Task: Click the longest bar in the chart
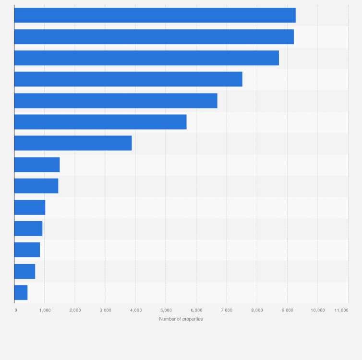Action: [155, 15]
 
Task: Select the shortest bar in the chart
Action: [21, 292]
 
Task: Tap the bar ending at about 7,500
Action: [128, 79]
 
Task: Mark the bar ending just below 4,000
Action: [73, 143]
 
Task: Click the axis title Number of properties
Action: [181, 319]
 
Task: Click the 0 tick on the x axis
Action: [15, 311]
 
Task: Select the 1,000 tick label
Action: [45, 311]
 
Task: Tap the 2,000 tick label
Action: [75, 311]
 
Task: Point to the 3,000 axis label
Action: [105, 311]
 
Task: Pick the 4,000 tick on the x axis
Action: [135, 311]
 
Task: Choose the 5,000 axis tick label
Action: [166, 311]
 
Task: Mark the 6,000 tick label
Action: [196, 311]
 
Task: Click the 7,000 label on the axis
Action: [227, 311]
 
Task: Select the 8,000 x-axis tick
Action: [257, 311]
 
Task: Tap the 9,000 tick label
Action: [287, 311]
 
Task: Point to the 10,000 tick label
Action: [317, 311]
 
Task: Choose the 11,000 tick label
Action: [341, 311]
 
